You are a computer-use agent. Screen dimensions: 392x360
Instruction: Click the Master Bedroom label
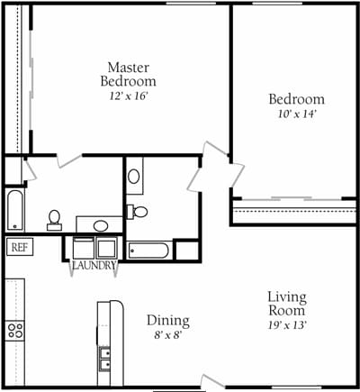pyautogui.click(x=128, y=73)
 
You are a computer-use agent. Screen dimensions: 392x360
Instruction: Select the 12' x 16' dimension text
pyautogui.click(x=128, y=95)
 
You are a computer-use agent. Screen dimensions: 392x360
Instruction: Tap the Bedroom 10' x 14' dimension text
pyautogui.click(x=296, y=114)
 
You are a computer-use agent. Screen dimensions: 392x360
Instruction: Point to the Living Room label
pyautogui.click(x=287, y=304)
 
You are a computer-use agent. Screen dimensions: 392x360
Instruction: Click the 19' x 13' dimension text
pyautogui.click(x=287, y=325)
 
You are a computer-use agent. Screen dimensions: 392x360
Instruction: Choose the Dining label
pyautogui.click(x=168, y=320)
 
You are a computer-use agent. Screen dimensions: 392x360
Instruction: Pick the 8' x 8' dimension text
pyautogui.click(x=168, y=335)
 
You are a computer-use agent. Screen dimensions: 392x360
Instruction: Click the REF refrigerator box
pyautogui.click(x=18, y=246)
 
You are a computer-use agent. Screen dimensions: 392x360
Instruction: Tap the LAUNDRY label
pyautogui.click(x=94, y=266)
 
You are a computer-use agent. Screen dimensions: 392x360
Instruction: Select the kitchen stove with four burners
pyautogui.click(x=15, y=329)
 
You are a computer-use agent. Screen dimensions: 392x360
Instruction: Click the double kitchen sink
pyautogui.click(x=104, y=360)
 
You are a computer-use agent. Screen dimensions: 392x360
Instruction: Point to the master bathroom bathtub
pyautogui.click(x=14, y=210)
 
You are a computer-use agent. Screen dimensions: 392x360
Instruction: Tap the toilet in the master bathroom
pyautogui.click(x=54, y=218)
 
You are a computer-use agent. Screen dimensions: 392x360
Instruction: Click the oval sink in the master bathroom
pyautogui.click(x=101, y=225)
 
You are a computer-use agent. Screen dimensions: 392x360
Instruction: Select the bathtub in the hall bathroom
pyautogui.click(x=149, y=250)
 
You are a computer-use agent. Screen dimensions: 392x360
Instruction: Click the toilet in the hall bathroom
pyautogui.click(x=139, y=212)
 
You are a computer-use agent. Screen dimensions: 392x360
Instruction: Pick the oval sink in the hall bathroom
pyautogui.click(x=134, y=177)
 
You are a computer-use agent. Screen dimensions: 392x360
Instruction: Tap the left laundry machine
pyautogui.click(x=81, y=248)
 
